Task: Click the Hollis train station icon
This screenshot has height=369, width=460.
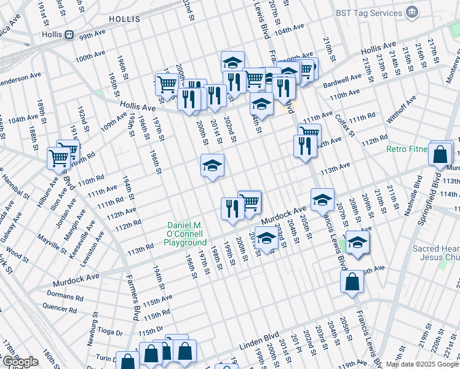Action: tap(70, 34)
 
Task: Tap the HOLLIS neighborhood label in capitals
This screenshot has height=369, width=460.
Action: tap(125, 20)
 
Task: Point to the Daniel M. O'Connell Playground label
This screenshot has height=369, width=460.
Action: tap(186, 234)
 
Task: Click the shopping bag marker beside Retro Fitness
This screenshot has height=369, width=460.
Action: tap(440, 156)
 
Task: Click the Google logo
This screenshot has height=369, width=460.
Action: tap(20, 362)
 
